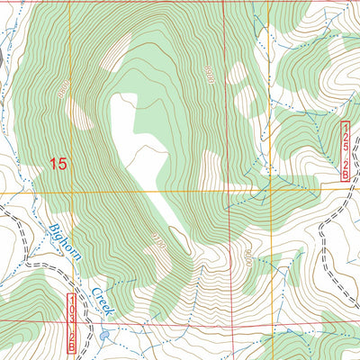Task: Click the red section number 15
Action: click(x=58, y=164)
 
